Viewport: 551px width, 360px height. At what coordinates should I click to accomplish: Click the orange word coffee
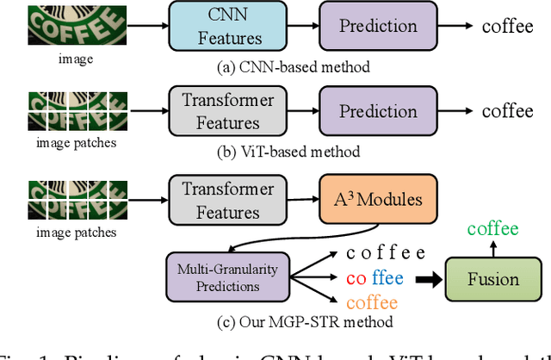[x=372, y=302]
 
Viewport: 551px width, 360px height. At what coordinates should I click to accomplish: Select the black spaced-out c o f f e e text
[x=385, y=252]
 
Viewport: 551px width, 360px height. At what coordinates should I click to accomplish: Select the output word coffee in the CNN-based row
[x=507, y=26]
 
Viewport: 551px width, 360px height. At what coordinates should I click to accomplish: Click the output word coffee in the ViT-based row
[x=507, y=110]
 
